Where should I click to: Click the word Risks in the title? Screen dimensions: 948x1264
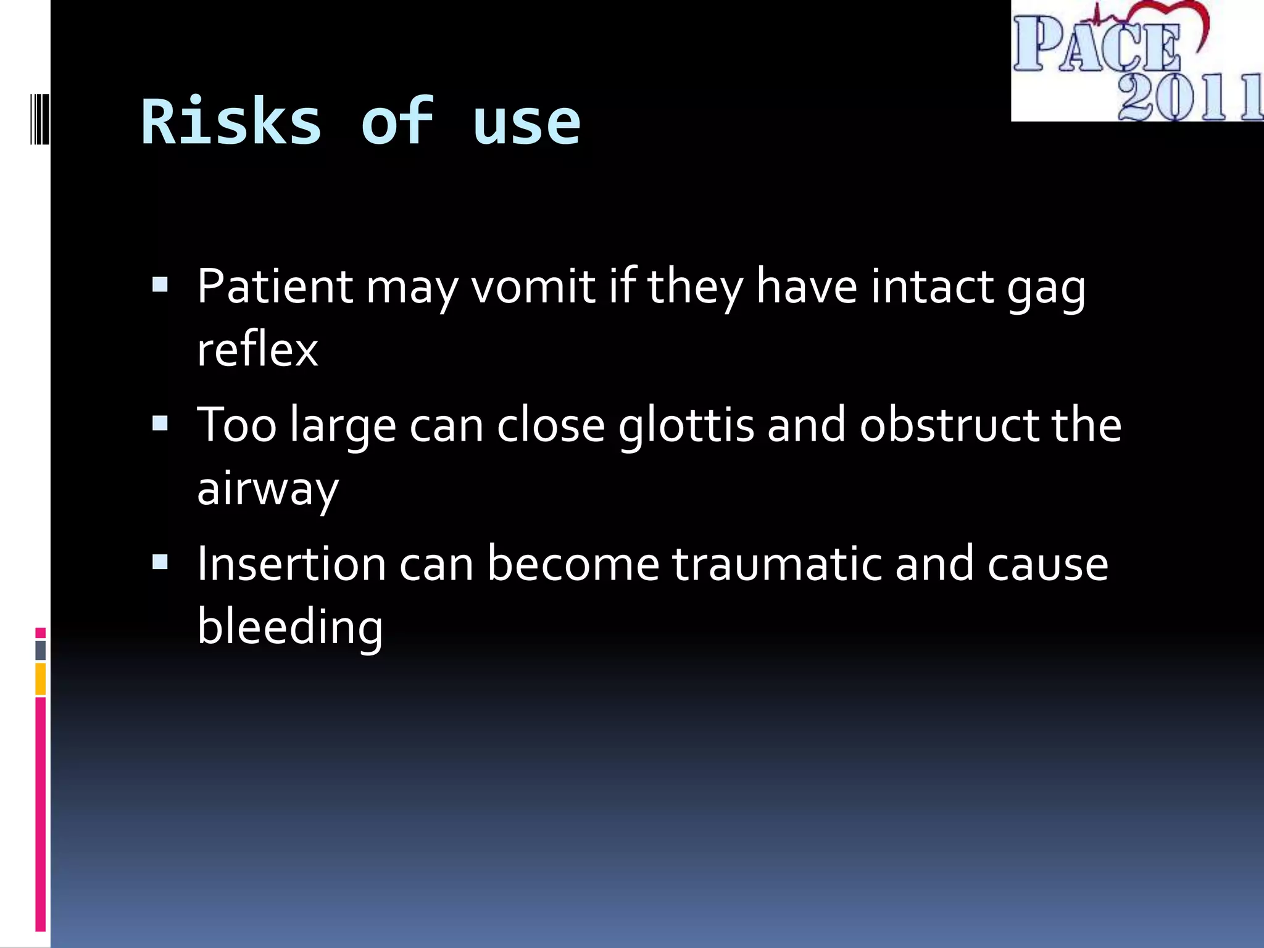(231, 122)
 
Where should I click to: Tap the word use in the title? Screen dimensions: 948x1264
(526, 123)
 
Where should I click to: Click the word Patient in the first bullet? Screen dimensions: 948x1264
(275, 287)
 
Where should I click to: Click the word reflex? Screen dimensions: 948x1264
(257, 350)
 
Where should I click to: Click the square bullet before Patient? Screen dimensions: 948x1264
(160, 285)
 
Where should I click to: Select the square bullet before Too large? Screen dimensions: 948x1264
(160, 423)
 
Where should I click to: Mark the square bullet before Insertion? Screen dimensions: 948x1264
(160, 562)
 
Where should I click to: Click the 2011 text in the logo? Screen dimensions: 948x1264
(1188, 98)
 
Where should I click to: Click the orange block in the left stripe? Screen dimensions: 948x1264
(40, 679)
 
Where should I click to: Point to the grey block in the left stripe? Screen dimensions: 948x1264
(40, 651)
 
